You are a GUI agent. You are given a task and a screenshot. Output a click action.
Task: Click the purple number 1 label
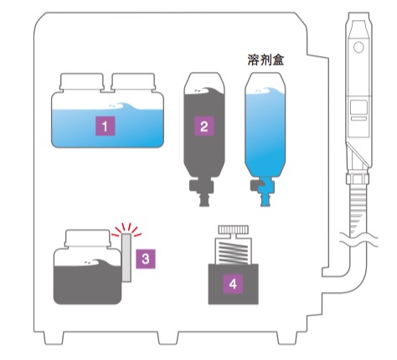(x=105, y=126)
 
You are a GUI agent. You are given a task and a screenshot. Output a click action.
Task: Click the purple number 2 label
(x=204, y=126)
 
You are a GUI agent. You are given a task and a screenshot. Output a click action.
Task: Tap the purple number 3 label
(x=146, y=259)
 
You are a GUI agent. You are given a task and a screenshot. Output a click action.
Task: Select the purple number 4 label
(x=233, y=285)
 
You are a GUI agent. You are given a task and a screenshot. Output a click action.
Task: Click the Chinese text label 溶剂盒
(x=266, y=59)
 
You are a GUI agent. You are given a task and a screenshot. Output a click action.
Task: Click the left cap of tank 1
(x=81, y=81)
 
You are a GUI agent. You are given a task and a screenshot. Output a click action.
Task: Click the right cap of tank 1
(x=133, y=81)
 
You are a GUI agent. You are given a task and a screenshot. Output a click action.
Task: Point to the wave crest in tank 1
(x=124, y=106)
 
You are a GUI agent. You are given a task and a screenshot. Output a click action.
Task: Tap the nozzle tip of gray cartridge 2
(x=204, y=201)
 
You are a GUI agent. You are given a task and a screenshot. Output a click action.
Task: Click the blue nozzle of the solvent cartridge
(x=265, y=193)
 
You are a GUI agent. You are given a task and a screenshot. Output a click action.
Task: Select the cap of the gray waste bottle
(x=88, y=239)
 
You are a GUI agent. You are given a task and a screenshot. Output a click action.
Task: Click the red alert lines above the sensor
(x=126, y=229)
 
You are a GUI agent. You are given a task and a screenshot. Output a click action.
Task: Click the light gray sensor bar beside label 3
(x=126, y=257)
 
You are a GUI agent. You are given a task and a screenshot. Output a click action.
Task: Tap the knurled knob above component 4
(x=233, y=229)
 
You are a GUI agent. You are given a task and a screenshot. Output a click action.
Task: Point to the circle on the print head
(x=358, y=47)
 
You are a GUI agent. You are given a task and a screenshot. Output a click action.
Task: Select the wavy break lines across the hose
(x=358, y=239)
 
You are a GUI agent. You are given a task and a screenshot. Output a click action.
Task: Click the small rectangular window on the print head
(x=358, y=107)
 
